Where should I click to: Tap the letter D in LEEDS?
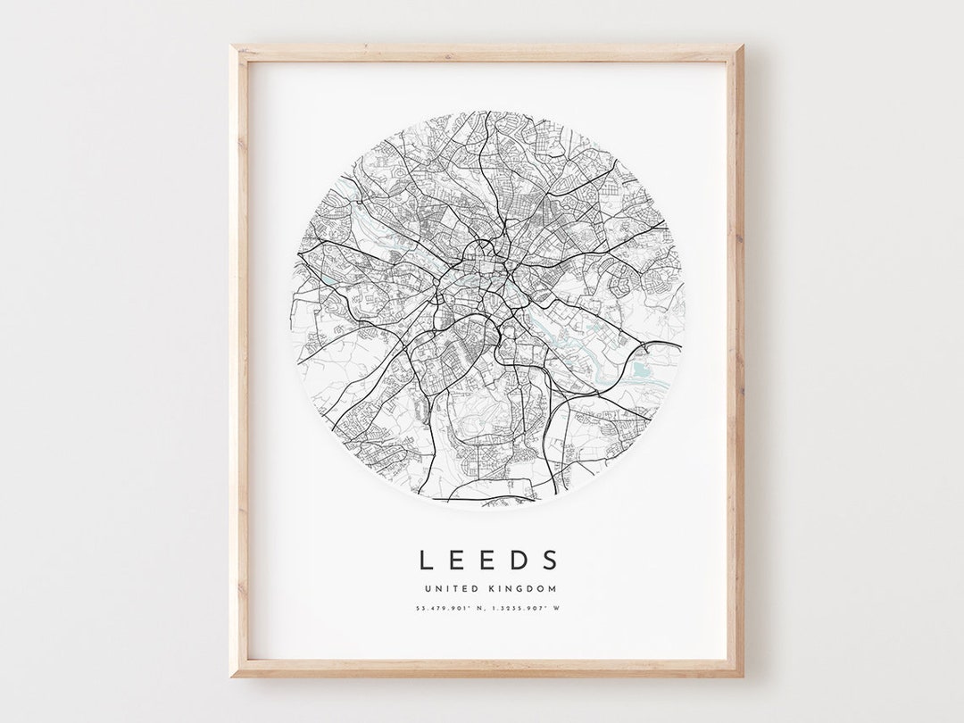click(519, 561)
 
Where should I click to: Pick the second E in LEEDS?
click(488, 561)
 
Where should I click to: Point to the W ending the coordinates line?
click(567, 609)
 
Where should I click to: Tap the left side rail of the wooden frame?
click(238, 357)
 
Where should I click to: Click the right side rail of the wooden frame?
click(737, 357)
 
